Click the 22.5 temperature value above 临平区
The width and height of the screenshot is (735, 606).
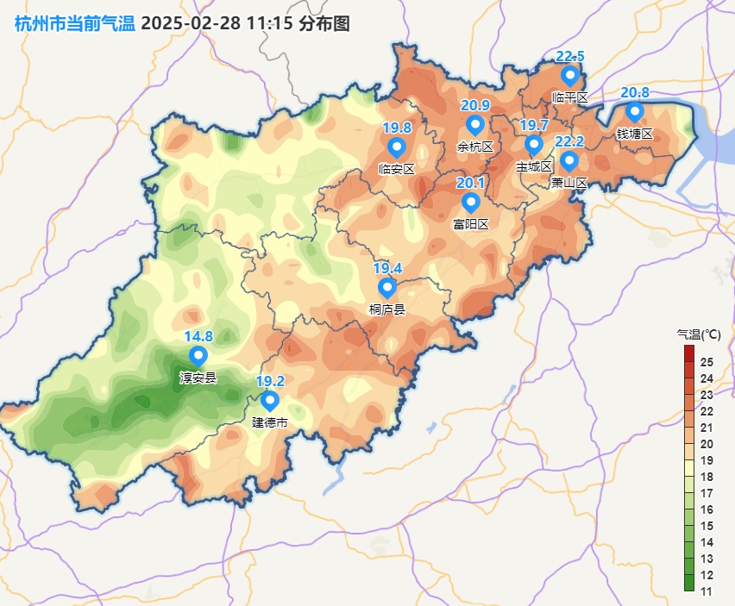[569, 57]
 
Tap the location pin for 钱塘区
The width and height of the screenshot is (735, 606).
[634, 112]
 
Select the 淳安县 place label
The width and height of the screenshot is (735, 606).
[198, 377]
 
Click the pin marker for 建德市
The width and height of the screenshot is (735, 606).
[269, 401]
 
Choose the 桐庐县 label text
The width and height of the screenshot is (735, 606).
[386, 309]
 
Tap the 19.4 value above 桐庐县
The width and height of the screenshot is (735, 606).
[386, 269]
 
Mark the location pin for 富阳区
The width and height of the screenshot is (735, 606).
[470, 203]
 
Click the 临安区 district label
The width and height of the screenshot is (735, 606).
[397, 169]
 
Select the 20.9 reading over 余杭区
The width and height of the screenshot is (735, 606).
[475, 105]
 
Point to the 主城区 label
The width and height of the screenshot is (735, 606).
[533, 166]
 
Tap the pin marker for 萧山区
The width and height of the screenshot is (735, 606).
[569, 161]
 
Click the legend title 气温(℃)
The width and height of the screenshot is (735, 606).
[698, 334]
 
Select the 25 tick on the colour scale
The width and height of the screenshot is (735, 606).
[707, 361]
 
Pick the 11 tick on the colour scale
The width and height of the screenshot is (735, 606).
[707, 591]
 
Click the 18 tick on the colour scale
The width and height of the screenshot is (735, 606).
[707, 477]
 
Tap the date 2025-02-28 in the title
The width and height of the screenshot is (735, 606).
[191, 23]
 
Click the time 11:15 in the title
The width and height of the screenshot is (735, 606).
[270, 23]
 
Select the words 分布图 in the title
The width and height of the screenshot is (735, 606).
[324, 23]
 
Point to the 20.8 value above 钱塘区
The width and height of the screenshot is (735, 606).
[635, 93]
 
